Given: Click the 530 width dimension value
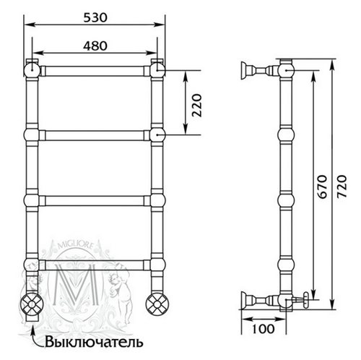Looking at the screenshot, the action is click(95, 17).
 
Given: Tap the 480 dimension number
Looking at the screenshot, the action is click(95, 46).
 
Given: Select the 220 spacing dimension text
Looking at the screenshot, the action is click(196, 106).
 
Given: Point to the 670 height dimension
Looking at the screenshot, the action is click(322, 187).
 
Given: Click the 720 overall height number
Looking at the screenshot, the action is click(342, 187).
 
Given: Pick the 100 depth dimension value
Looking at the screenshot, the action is click(263, 328).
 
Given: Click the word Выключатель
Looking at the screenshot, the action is click(94, 342).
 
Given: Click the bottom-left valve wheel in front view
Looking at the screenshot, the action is click(32, 304).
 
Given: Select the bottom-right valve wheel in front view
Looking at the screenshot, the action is click(157, 304).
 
